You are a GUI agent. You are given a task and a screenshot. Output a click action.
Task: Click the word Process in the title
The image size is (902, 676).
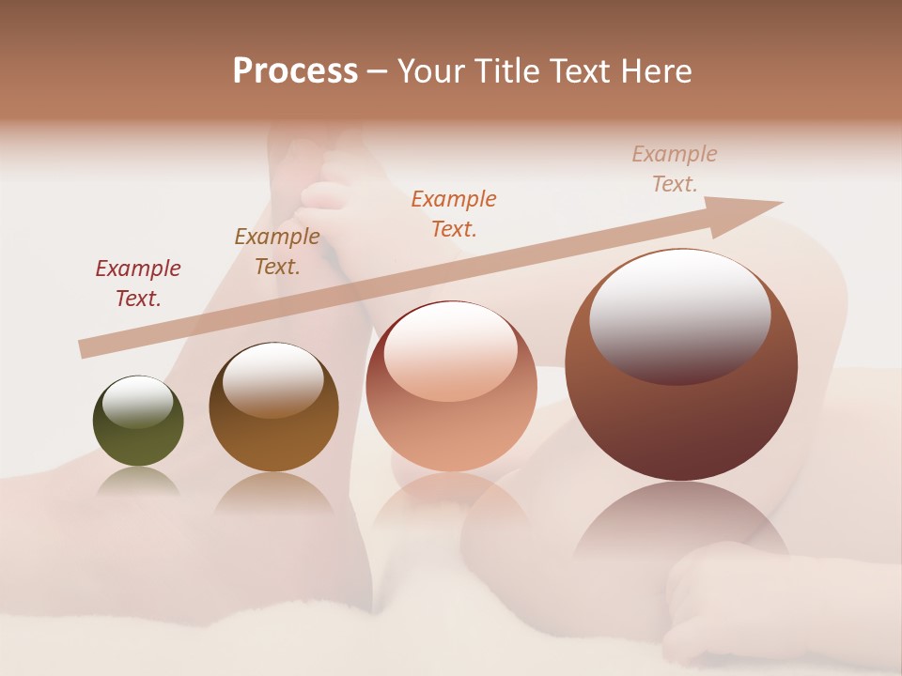click(295, 71)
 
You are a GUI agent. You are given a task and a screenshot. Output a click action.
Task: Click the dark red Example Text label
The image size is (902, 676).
click(138, 284)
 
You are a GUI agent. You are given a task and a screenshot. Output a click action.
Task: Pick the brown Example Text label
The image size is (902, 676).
click(277, 252)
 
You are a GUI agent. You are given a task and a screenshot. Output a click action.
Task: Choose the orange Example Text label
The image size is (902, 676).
click(454, 214)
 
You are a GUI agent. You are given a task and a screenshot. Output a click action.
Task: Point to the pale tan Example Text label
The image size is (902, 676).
click(675, 169)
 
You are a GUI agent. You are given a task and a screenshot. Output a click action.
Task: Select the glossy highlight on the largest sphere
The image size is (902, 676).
click(679, 315)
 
